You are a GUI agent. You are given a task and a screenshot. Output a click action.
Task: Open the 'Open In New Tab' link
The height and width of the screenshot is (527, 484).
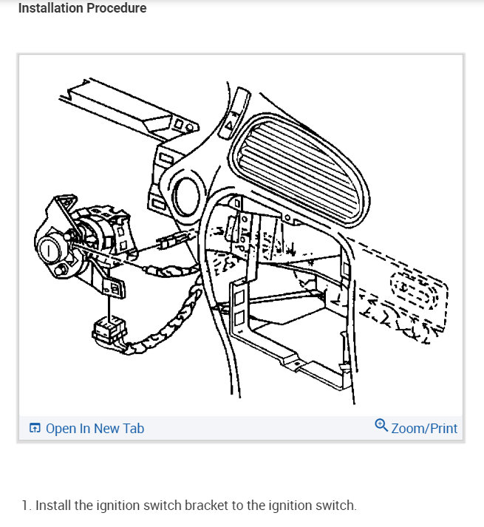click(94, 429)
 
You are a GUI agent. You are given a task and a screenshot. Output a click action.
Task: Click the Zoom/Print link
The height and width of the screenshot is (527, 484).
click(424, 429)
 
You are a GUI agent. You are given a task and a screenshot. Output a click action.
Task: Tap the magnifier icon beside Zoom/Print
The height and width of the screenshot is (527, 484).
click(381, 425)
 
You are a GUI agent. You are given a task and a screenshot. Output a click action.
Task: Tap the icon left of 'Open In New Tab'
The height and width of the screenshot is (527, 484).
click(34, 429)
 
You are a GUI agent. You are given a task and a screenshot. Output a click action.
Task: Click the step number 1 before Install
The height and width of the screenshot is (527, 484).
click(25, 506)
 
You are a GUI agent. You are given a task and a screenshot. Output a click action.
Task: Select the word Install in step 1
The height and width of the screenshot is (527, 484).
click(53, 506)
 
